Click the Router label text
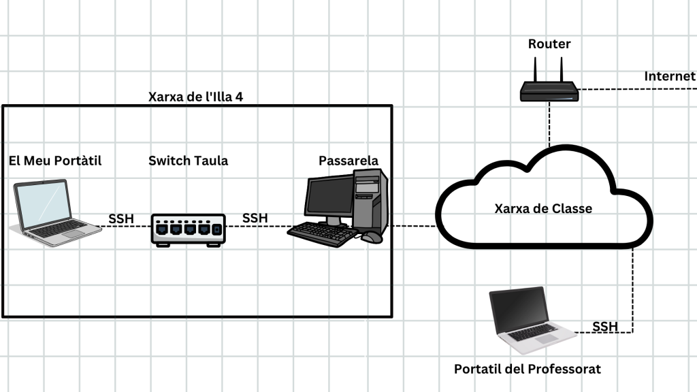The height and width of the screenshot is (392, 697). click(549, 44)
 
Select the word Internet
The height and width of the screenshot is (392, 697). click(670, 76)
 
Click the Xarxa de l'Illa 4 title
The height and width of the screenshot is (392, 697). click(195, 97)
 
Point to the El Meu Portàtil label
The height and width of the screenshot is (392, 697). click(55, 161)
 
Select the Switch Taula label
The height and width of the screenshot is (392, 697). click(189, 161)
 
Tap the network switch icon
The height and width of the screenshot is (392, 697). click(188, 230)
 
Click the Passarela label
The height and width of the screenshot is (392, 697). click(348, 161)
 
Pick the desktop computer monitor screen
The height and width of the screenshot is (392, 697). click(329, 197)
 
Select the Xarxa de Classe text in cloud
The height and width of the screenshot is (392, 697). click(543, 208)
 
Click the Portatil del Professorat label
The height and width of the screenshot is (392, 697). click(528, 370)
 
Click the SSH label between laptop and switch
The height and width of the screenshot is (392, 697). click(121, 219)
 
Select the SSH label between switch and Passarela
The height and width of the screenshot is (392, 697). click(255, 218)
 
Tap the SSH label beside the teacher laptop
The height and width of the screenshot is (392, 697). click(605, 327)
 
